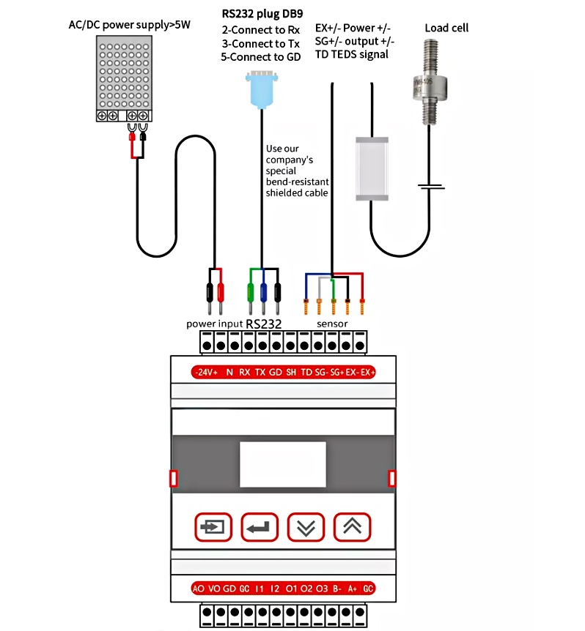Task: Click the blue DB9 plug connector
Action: pyautogui.click(x=261, y=89)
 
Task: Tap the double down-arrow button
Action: pyautogui.click(x=306, y=526)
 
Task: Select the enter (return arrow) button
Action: pyautogui.click(x=260, y=526)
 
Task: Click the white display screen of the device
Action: pyautogui.click(x=282, y=464)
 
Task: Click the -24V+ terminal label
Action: pyautogui.click(x=206, y=373)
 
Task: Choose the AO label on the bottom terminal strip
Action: pyautogui.click(x=198, y=588)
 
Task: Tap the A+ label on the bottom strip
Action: pyautogui.click(x=353, y=588)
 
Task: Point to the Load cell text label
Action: pyautogui.click(x=446, y=28)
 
